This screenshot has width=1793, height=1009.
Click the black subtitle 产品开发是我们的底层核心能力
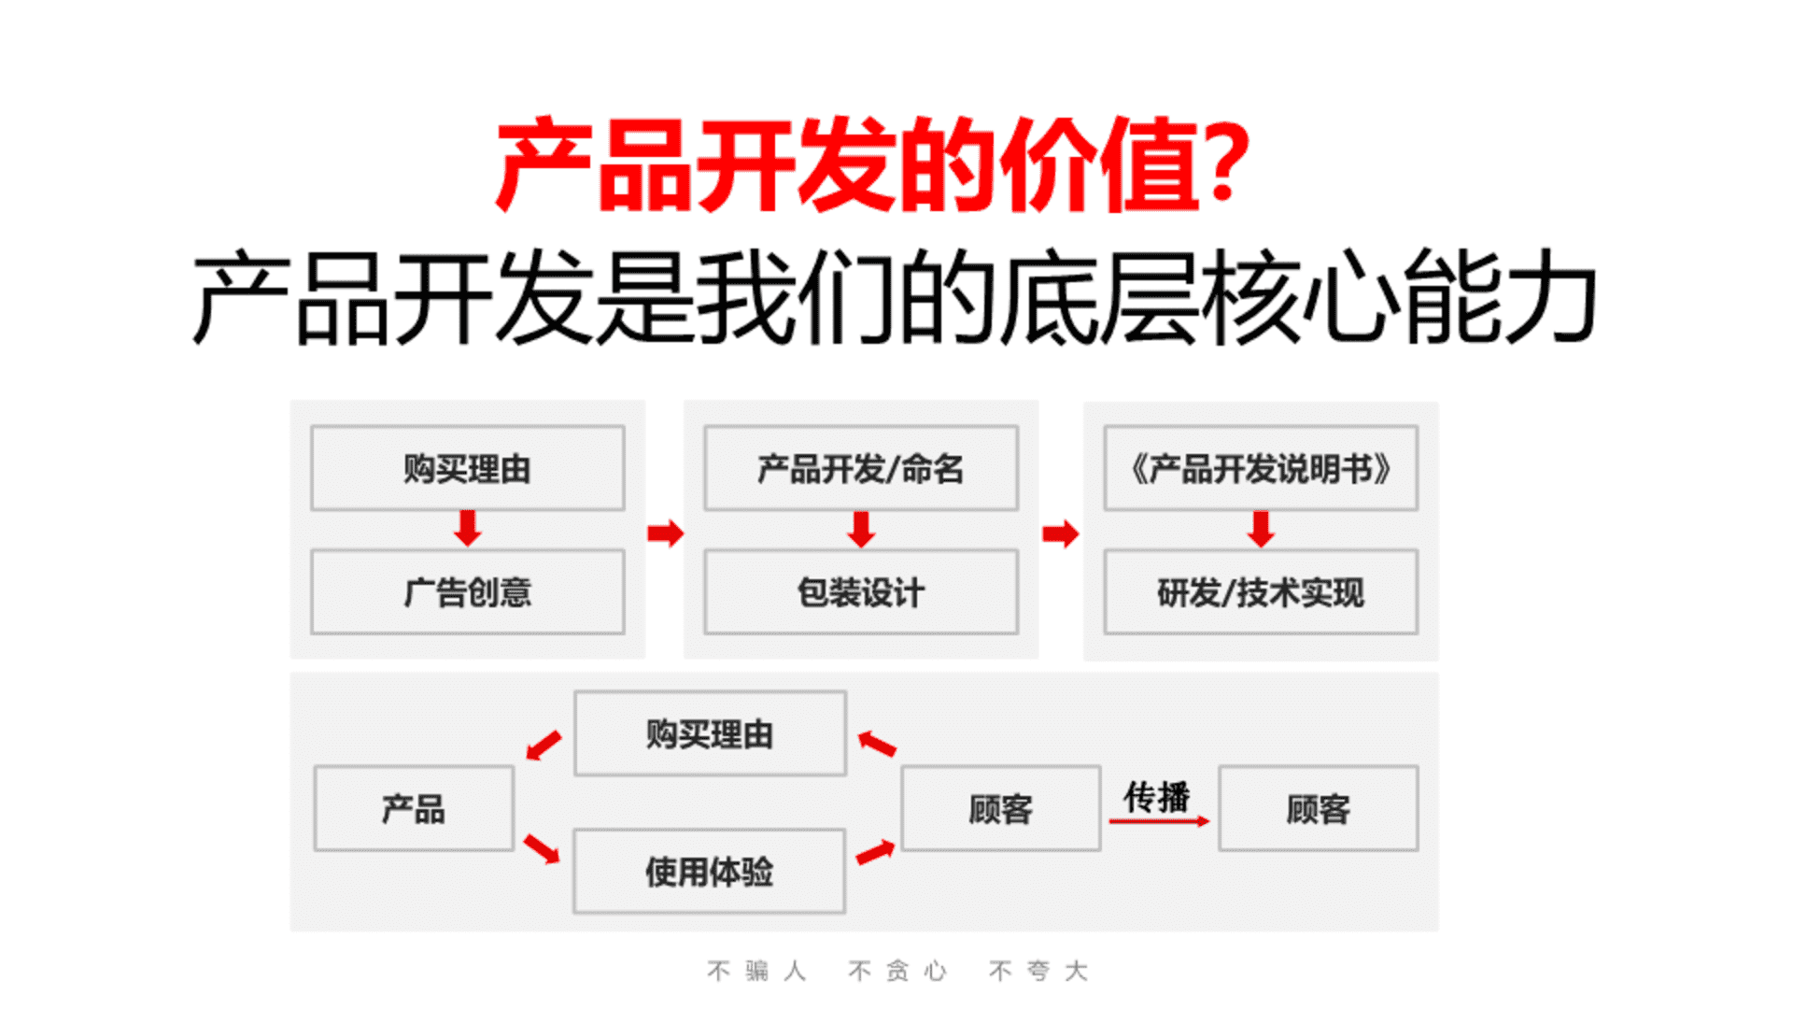coord(895,298)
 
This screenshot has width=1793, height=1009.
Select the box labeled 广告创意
coord(468,592)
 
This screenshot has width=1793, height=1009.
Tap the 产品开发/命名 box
coord(861,468)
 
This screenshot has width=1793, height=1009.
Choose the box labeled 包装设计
coord(861,592)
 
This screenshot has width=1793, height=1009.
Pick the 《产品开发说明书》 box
coord(1261,468)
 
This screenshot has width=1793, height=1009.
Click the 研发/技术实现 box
coord(1261,592)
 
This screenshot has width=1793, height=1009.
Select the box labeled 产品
coord(414,808)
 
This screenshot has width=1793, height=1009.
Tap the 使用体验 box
coord(710,871)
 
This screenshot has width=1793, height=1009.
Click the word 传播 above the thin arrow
coord(1157,797)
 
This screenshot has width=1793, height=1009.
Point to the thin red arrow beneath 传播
coord(1159,821)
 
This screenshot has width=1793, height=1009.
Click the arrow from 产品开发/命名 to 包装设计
coord(861,529)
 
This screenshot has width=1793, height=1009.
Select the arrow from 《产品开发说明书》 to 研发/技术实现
coord(1261,529)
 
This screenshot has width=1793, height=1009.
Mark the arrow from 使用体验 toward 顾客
coord(876,852)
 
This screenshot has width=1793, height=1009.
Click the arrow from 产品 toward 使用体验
coord(542,848)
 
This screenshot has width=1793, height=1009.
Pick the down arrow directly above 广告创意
coord(468,529)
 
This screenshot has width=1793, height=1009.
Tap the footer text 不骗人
coord(756,972)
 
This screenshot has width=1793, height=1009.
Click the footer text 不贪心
coord(897,972)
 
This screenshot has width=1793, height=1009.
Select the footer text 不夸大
coord(1038,972)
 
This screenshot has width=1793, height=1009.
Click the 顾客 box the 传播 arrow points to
coord(1319,808)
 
